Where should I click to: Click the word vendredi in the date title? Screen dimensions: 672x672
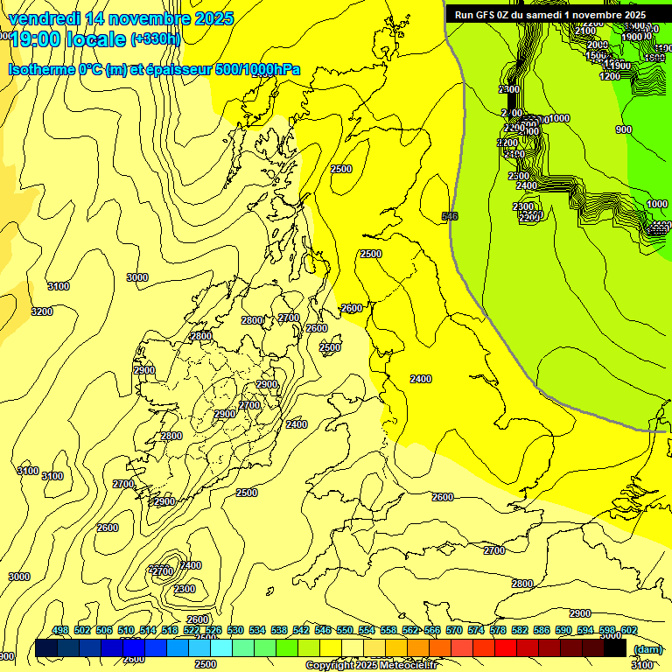(48, 18)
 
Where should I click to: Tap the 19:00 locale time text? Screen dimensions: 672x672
(67, 40)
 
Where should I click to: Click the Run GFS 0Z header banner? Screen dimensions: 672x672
(549, 14)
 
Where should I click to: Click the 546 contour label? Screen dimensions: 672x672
(450, 216)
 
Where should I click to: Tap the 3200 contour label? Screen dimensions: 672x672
(41, 311)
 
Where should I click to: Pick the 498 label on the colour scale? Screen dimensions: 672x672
(60, 631)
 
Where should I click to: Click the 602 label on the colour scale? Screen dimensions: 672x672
(628, 631)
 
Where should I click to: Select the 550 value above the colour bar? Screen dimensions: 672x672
(345, 631)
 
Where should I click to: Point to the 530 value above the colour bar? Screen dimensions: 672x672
(235, 631)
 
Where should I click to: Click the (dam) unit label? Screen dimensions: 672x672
(647, 649)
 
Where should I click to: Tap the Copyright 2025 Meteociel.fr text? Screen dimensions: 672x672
(370, 665)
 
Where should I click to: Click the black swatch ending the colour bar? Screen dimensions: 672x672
(615, 648)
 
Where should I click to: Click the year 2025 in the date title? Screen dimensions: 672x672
(213, 18)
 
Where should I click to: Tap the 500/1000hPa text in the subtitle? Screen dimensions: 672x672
(255, 70)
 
